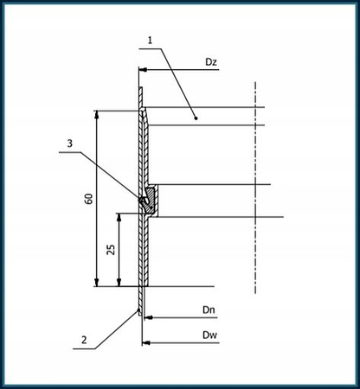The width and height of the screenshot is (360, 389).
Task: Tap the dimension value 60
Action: pos(88,198)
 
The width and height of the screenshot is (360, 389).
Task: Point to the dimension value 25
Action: pos(111,250)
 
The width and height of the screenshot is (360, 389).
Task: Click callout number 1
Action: pos(149,40)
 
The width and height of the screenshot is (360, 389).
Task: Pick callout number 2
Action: pos(83,340)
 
